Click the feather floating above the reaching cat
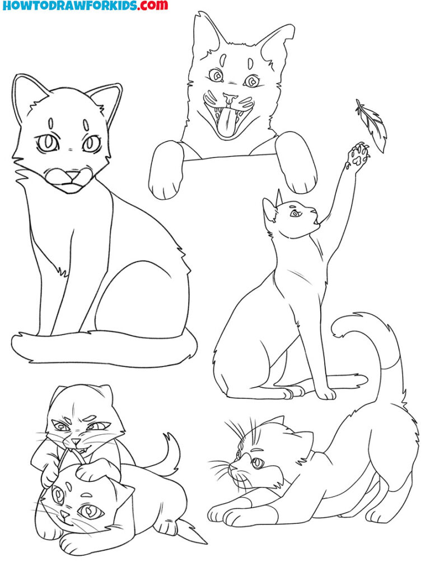[370, 126]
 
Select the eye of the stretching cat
[257, 463]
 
